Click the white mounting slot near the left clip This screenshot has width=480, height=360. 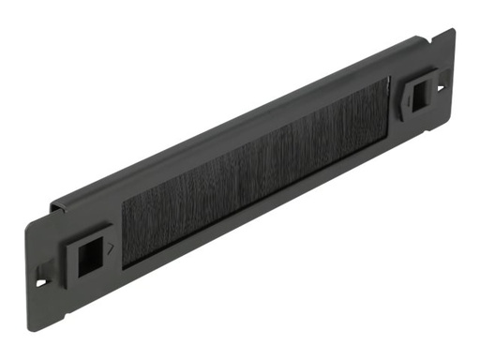39,278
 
